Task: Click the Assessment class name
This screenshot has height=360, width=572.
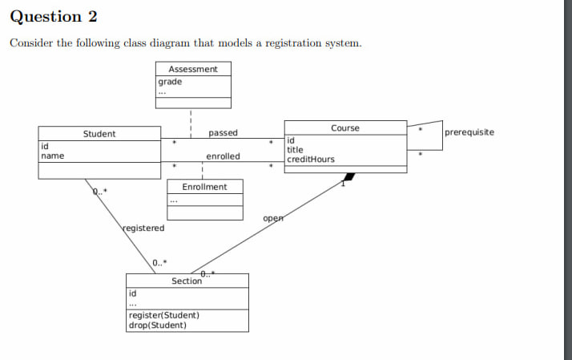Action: pos(192,69)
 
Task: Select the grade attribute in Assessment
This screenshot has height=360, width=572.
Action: pos(170,82)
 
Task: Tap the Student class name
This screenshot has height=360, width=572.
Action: pos(99,134)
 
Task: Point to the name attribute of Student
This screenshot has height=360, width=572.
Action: pos(53,156)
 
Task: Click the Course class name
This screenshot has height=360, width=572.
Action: pos(345,128)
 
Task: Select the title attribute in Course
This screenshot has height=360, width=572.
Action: pos(296,150)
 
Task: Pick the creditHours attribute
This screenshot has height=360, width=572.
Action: pos(311,160)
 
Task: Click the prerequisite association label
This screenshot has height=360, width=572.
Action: pos(469,132)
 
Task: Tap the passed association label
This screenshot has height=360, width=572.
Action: pos(223,133)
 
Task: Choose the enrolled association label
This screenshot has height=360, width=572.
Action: pos(223,156)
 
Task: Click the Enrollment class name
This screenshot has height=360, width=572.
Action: pos(204,187)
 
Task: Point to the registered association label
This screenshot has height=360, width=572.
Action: pos(143,229)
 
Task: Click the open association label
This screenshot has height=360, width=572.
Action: pos(273,218)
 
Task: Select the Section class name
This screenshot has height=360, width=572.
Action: pos(187,281)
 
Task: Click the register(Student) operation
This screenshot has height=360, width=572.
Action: pos(163,316)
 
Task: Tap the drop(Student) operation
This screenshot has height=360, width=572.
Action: pos(157,326)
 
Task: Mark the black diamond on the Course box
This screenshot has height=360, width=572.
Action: pos(348,176)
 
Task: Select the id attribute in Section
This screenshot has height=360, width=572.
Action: pos(133,294)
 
